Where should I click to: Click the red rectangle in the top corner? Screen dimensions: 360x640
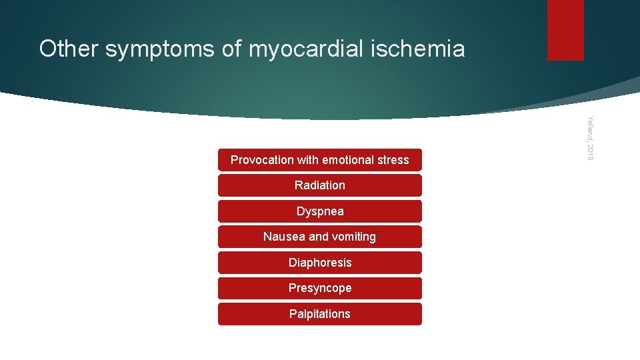click(565, 29)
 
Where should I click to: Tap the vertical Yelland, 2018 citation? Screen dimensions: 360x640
click(589, 137)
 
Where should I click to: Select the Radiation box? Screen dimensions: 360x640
click(319, 185)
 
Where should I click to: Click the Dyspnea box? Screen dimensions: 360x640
click(319, 211)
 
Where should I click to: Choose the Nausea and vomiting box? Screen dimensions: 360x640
click(319, 237)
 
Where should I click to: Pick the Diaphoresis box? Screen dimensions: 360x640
click(319, 263)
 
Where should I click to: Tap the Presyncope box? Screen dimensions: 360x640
click(319, 288)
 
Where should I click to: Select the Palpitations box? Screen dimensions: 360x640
click(319, 314)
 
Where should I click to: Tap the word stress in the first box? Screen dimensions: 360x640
click(394, 160)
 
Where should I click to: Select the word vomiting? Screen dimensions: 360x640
click(354, 237)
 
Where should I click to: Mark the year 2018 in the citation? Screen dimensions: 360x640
click(589, 151)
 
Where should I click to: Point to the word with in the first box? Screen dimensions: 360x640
click(307, 160)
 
